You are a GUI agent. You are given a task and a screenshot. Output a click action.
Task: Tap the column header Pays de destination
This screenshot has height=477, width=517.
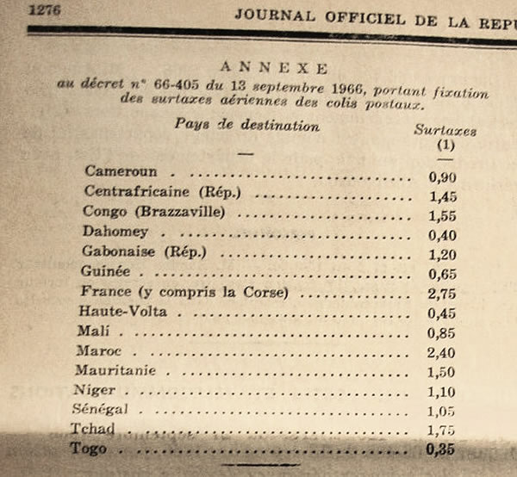tap(247, 126)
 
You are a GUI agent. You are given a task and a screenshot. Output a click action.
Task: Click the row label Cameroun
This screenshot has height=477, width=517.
tap(121, 172)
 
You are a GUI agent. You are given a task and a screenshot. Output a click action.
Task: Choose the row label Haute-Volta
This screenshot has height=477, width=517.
tap(122, 310)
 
